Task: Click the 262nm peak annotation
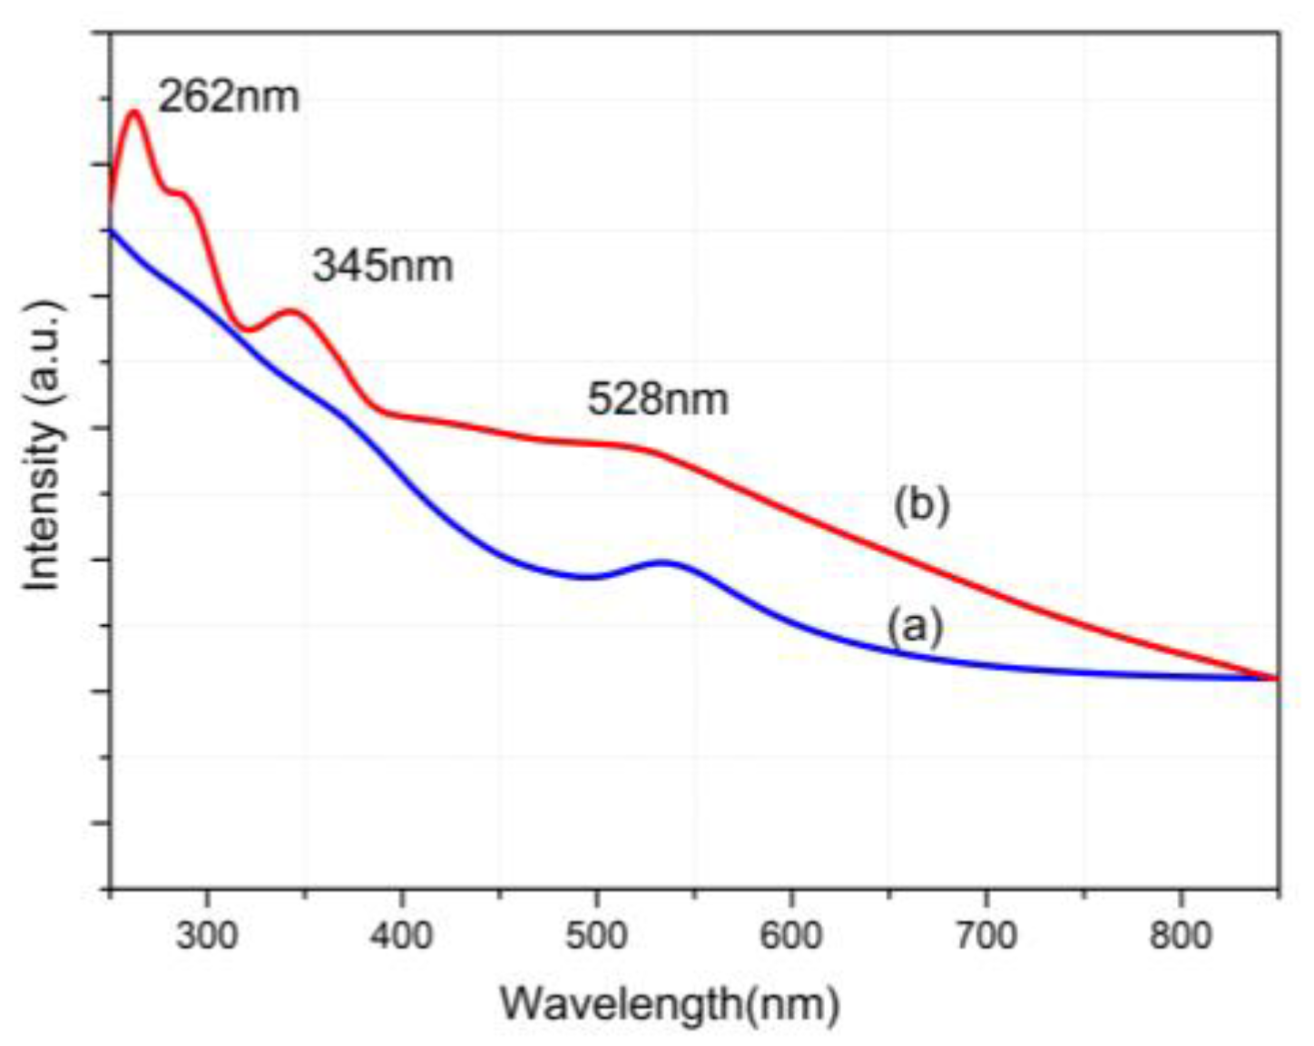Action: (229, 96)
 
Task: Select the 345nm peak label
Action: (382, 266)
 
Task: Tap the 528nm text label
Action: (657, 398)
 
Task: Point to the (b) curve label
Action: (921, 505)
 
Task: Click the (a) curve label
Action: (915, 627)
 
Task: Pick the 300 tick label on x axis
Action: (207, 934)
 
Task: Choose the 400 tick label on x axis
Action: (401, 934)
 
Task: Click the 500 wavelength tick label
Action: (596, 934)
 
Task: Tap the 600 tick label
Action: (791, 934)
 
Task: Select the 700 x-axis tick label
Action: (986, 934)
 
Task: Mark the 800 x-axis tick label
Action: (1181, 934)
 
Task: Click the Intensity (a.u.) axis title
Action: (44, 445)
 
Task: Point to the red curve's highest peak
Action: (135, 112)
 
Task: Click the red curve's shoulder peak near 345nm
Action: (291, 311)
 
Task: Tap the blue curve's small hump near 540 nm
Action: (666, 562)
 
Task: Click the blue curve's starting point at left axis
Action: (112, 230)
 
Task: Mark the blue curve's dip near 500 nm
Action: (588, 577)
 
